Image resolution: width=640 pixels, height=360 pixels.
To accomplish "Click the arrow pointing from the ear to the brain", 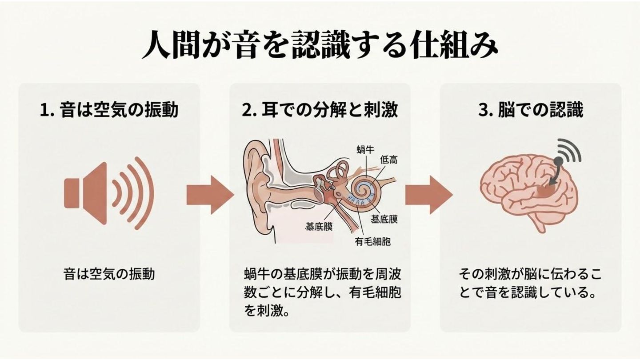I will pos(427,194).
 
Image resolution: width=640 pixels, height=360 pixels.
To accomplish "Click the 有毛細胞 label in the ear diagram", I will pos(372,241).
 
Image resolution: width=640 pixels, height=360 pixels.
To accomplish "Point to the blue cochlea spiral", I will pos(368,191).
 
